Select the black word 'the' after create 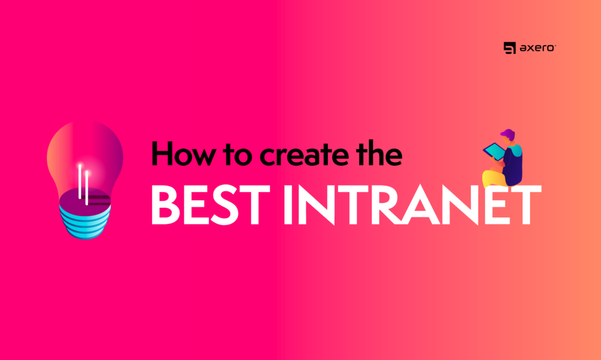[379, 153]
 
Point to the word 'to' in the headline [239, 155]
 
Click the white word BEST [211, 204]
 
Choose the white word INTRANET [413, 204]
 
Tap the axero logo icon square [509, 48]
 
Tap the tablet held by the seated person [494, 152]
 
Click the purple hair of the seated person [508, 134]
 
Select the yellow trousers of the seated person [494, 178]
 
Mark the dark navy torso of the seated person [512, 165]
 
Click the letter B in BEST [166, 204]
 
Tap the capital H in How [164, 153]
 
